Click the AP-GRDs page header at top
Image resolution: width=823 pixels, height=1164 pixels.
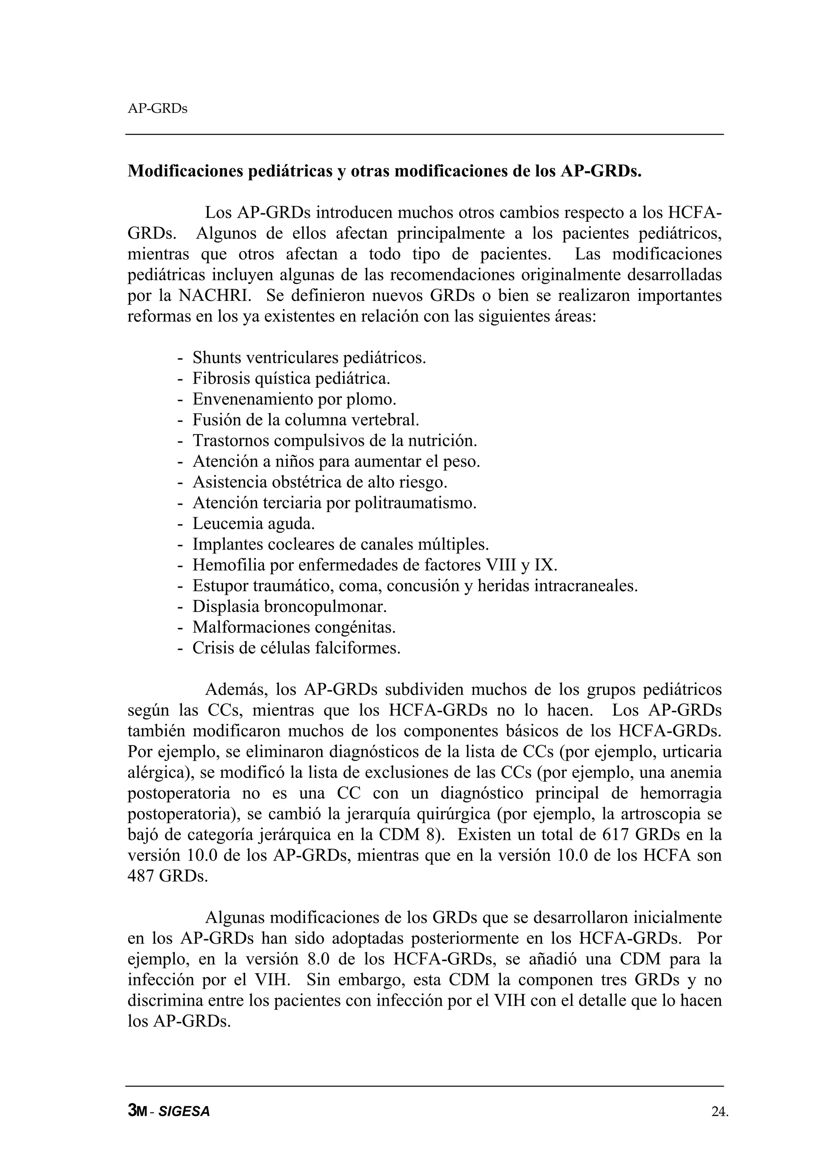click(157, 108)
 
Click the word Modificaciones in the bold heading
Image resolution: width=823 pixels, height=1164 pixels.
click(185, 172)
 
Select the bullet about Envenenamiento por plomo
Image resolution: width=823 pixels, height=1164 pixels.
click(294, 399)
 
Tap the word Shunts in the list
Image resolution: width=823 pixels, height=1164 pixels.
click(217, 357)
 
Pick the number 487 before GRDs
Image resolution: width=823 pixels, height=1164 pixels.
click(141, 876)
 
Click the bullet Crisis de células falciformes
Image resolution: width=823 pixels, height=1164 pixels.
click(296, 648)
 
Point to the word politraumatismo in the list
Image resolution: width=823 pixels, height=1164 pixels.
click(415, 502)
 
